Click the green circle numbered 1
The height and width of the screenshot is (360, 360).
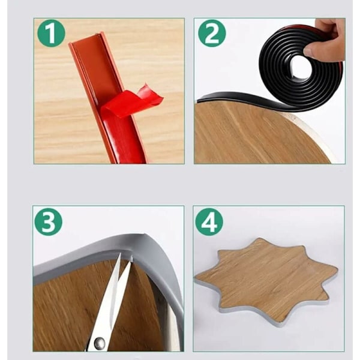tap(51, 33)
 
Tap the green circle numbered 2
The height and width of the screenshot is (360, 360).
tap(212, 33)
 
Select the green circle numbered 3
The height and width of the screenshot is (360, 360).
tap(48, 222)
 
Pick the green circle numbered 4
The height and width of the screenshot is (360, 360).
tap(209, 222)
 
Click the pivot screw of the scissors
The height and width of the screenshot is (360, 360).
tap(100, 343)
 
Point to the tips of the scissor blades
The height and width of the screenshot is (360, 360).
tap(126, 257)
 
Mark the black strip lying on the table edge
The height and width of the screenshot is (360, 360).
tap(241, 98)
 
